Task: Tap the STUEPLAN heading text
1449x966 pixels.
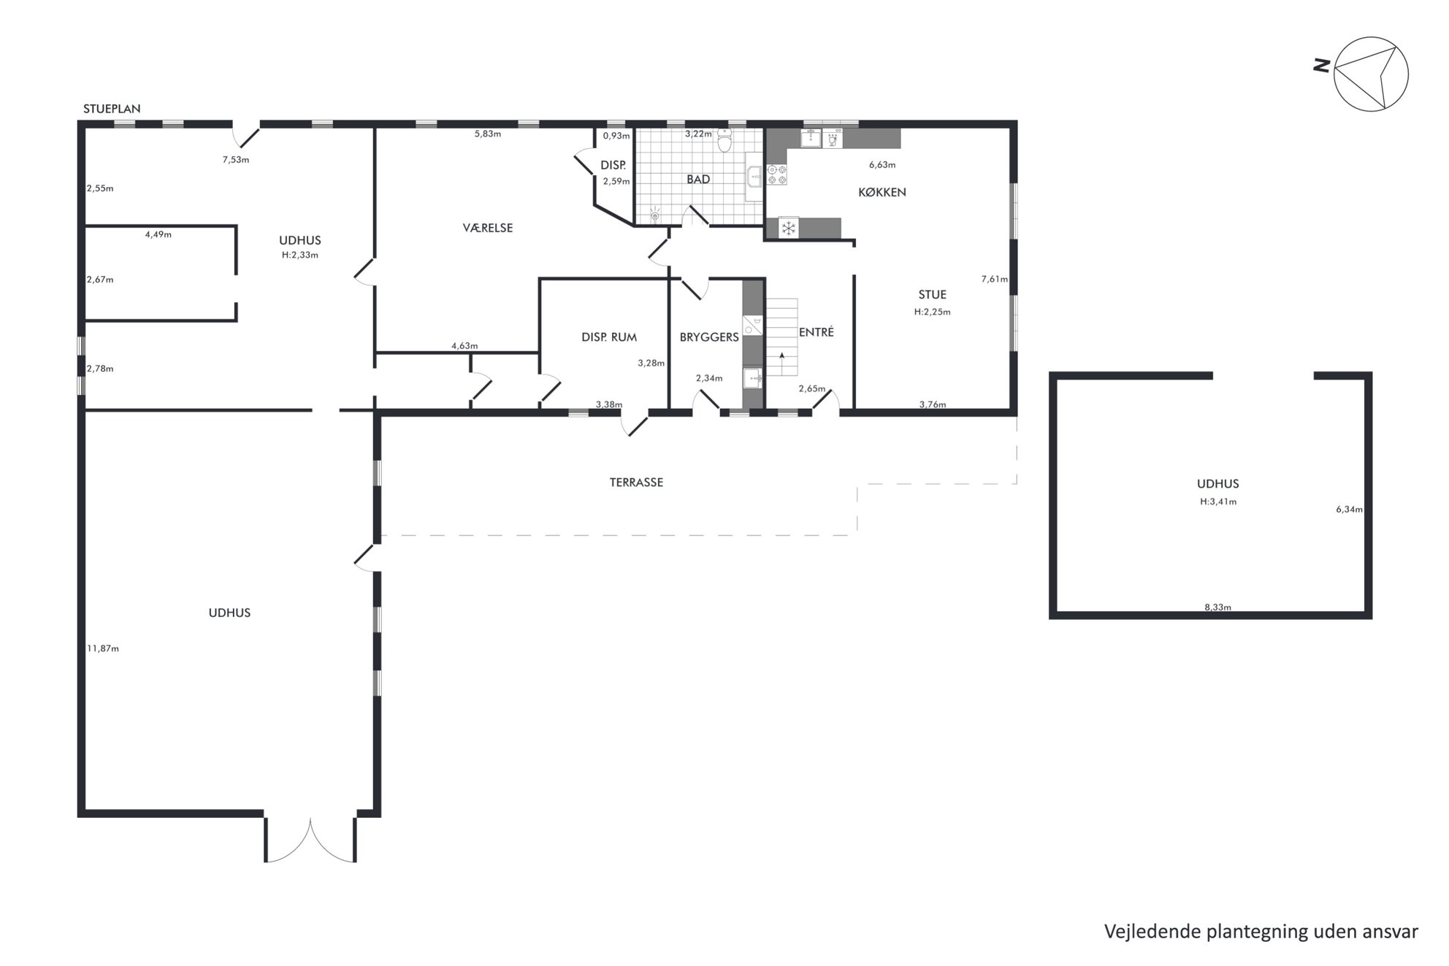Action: pos(112,109)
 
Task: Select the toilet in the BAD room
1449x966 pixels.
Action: pos(724,139)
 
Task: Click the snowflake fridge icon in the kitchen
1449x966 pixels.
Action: pos(789,229)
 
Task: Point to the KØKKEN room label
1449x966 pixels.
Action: pos(882,192)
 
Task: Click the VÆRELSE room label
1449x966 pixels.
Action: pos(488,228)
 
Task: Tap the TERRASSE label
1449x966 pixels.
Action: pos(636,482)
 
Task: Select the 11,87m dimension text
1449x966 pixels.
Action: pos(103,648)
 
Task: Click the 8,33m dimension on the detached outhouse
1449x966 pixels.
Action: pos(1217,607)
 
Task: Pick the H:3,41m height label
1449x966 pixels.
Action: pos(1218,502)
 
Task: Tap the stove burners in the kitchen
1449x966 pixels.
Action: pos(776,175)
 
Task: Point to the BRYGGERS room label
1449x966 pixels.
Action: pos(709,337)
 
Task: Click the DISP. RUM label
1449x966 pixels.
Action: pos(609,337)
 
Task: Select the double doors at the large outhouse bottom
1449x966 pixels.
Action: pos(310,840)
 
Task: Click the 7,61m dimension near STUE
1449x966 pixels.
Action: pos(994,279)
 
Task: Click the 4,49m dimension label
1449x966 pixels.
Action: pos(158,234)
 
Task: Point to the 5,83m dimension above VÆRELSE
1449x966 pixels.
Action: pos(488,134)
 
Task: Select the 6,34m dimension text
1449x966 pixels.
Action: pos(1349,510)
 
